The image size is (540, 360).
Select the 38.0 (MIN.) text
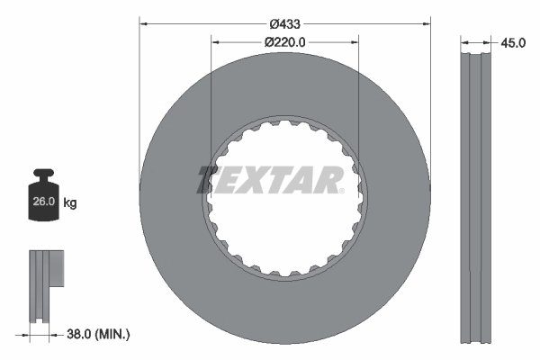99,333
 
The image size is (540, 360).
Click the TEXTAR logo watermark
270,180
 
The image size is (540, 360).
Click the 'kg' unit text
70,203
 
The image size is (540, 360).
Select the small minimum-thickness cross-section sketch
44,283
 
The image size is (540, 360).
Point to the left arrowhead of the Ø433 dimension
142,23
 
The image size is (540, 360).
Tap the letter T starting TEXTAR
209,179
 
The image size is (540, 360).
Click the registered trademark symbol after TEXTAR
341,190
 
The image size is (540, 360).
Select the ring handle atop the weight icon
42,175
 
